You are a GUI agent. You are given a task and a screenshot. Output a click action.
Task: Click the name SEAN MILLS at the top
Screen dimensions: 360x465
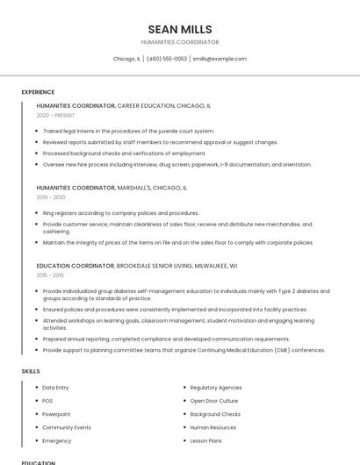pyautogui.click(x=180, y=29)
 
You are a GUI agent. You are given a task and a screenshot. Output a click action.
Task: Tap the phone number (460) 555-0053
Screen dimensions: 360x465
pyautogui.click(x=167, y=59)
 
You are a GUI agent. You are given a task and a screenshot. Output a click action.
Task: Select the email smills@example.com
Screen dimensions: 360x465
pyautogui.click(x=220, y=59)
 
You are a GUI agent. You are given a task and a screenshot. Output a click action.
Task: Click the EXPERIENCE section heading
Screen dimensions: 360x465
pyautogui.click(x=38, y=92)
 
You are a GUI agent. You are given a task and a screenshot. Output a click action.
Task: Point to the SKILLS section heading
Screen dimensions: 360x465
pyautogui.click(x=31, y=371)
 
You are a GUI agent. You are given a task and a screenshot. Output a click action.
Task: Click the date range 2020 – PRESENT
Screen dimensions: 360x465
pyautogui.click(x=55, y=115)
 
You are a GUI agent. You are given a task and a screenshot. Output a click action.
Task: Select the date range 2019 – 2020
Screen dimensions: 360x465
pyautogui.click(x=51, y=197)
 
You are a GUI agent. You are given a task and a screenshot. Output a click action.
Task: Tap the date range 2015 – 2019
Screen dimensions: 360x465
pyautogui.click(x=51, y=275)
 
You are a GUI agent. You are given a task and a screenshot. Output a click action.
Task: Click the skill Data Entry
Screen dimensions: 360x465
pyautogui.click(x=55, y=388)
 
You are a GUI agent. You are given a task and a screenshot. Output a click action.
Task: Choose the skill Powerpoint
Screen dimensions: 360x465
pyautogui.click(x=56, y=414)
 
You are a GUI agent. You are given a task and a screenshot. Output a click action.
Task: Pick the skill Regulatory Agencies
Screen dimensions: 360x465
pyautogui.click(x=216, y=388)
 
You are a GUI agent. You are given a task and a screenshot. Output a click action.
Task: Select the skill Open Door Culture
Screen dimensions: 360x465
pyautogui.click(x=214, y=401)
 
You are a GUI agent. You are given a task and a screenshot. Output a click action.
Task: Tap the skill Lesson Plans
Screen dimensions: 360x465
pyautogui.click(x=206, y=440)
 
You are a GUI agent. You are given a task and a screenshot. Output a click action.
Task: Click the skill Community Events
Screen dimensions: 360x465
pyautogui.click(x=67, y=427)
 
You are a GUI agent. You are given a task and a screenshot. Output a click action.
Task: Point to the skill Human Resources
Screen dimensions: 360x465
pyautogui.click(x=213, y=427)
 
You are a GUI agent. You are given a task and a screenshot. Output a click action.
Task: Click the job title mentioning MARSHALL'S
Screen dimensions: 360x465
pyautogui.click(x=112, y=188)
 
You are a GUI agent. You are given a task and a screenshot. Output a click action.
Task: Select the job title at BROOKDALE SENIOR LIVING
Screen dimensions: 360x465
pyautogui.click(x=137, y=266)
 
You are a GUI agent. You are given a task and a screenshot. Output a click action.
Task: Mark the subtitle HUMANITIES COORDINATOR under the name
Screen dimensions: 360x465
pyautogui.click(x=180, y=42)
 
